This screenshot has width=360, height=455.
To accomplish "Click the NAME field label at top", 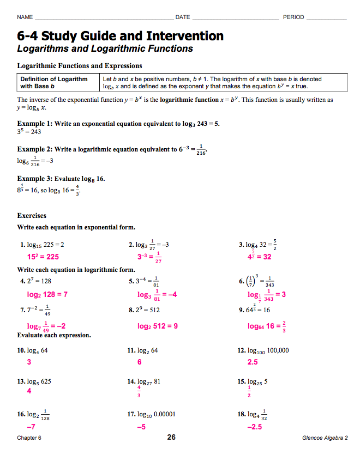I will pyautogui.click(x=25, y=17).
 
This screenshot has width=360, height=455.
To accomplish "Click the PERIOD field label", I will pyautogui.click(x=293, y=17).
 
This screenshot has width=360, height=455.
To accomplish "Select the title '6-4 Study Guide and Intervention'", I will pyautogui.click(x=121, y=37).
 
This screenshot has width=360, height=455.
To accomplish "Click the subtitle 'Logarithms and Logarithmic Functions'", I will pyautogui.click(x=105, y=49).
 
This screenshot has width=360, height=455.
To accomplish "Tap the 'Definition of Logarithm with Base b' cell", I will pyautogui.click(x=53, y=82).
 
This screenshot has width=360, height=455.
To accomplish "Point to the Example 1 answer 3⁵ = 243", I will pyautogui.click(x=29, y=132).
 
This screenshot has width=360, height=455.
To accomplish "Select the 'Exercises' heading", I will pyautogui.click(x=32, y=215).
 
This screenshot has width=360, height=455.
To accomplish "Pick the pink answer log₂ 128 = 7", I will pyautogui.click(x=47, y=294).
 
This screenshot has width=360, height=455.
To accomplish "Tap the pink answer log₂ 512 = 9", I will pyautogui.click(x=158, y=326).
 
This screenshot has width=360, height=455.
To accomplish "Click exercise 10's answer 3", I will pyautogui.click(x=29, y=362).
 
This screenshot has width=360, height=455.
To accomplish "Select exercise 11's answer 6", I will pyautogui.click(x=140, y=362).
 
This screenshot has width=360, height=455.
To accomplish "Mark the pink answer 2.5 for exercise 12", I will pyautogui.click(x=253, y=362).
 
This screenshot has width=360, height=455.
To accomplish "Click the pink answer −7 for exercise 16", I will pyautogui.click(x=31, y=427).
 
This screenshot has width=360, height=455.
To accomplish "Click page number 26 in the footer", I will pyautogui.click(x=171, y=437).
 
